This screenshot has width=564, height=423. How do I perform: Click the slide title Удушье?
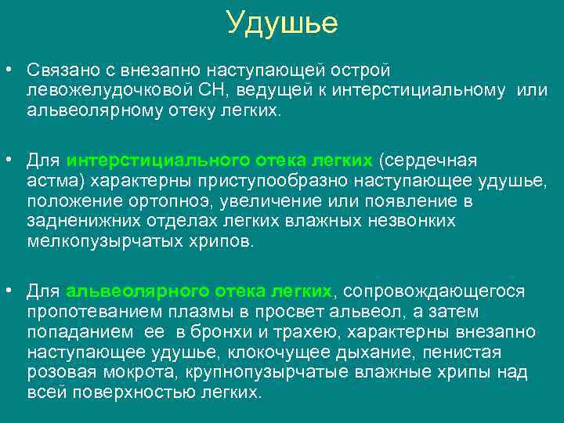(282, 23)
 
